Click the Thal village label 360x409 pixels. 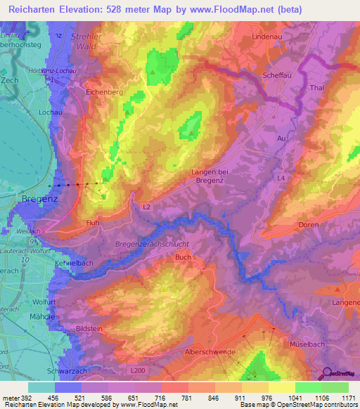pos(316,89)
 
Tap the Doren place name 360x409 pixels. pos(309,225)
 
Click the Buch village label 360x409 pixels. pos(183,258)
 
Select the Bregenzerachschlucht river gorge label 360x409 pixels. pos(152,244)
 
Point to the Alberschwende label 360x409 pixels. pos(212,351)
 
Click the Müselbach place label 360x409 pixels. pos(309,344)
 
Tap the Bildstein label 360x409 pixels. pos(94,329)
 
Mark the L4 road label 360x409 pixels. pos(281,178)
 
